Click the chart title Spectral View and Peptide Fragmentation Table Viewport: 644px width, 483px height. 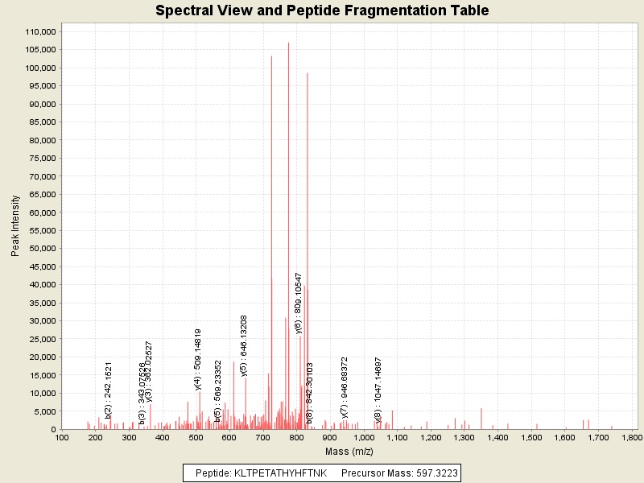click(x=322, y=10)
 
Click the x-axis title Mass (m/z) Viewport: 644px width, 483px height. click(x=346, y=452)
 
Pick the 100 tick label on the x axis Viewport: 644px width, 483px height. click(x=61, y=438)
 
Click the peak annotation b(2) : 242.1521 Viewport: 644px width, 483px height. click(x=109, y=390)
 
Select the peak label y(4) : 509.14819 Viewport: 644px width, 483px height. click(x=198, y=359)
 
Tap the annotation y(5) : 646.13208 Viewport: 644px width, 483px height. click(x=244, y=345)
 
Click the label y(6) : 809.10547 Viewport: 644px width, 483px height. click(x=299, y=302)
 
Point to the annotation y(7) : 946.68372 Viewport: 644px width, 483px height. click(x=345, y=388)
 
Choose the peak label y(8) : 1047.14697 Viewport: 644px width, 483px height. click(x=378, y=389)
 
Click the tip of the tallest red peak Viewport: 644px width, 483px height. click(x=288, y=43)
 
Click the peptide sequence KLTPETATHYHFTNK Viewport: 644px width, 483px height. click(x=280, y=473)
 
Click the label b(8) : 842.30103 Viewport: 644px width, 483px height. click(x=310, y=393)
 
